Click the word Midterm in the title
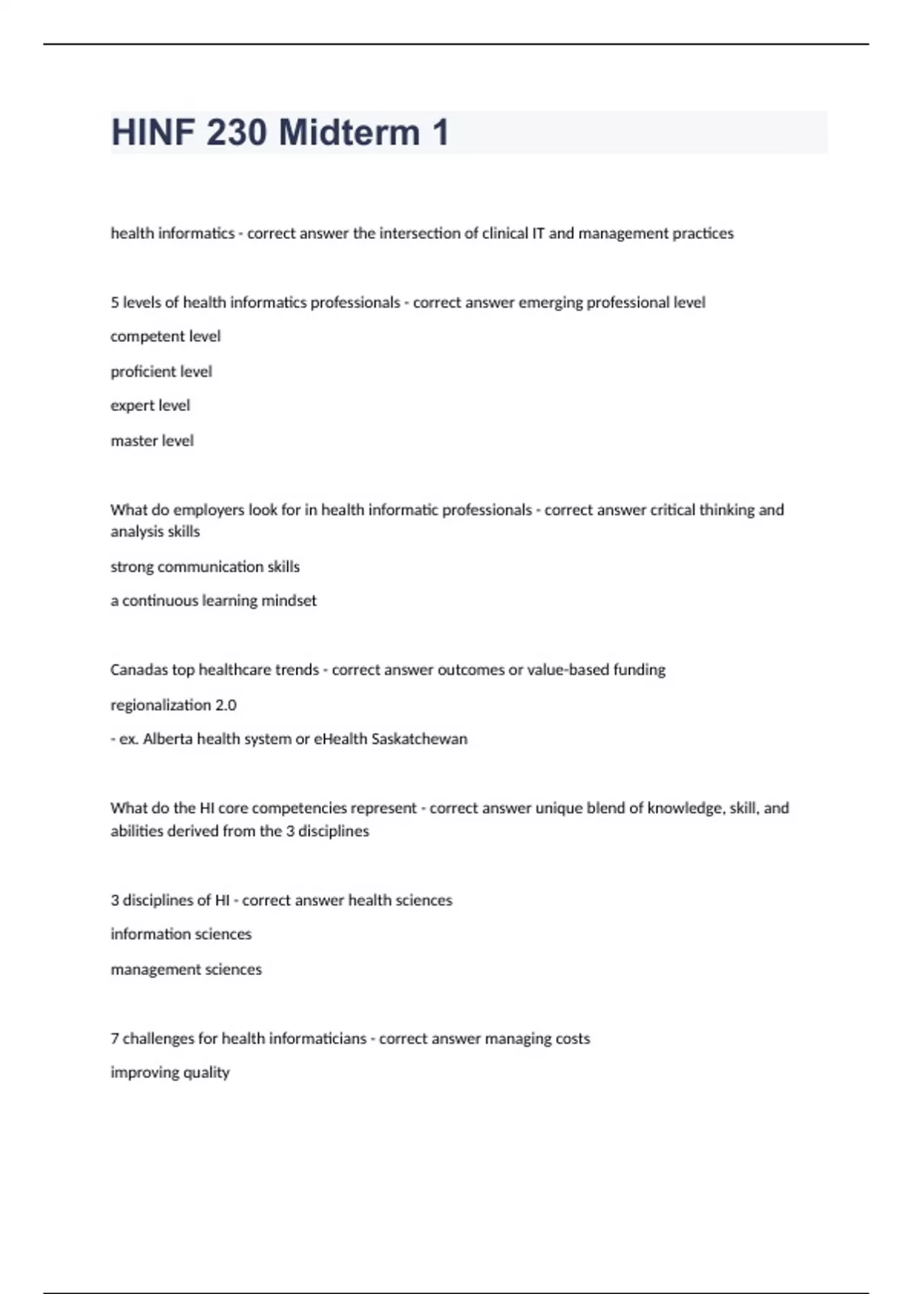[349, 132]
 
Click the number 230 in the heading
[237, 132]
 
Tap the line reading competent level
[165, 336]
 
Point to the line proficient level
[161, 371]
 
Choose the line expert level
[150, 406]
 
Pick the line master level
[152, 441]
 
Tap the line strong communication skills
[205, 566]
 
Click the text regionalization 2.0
[173, 705]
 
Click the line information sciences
[180, 934]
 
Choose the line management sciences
[186, 969]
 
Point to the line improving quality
[170, 1072]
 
